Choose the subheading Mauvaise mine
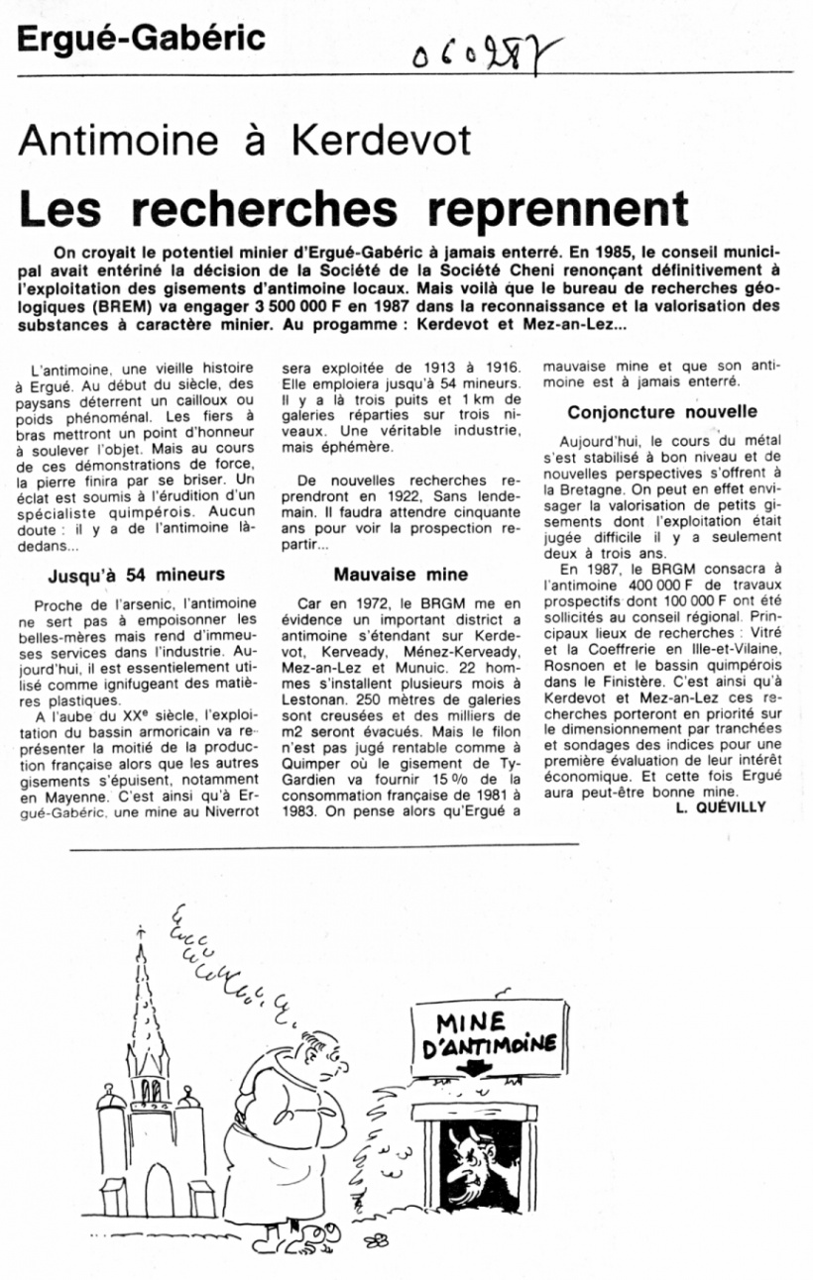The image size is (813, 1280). (x=401, y=574)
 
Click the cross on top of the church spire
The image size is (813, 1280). (x=141, y=931)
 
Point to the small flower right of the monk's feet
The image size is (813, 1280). (x=377, y=1239)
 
